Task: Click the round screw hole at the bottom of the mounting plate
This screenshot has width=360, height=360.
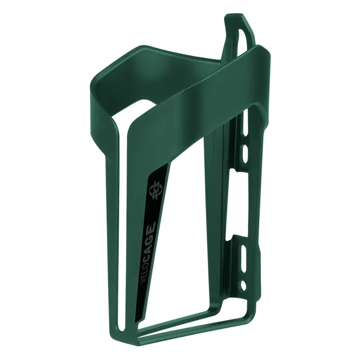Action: tap(243, 285)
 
